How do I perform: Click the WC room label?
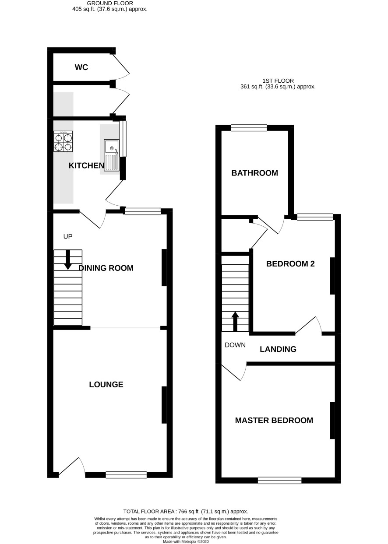point(81,67)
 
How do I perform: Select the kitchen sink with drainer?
point(112,154)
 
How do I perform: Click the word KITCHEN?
point(86,165)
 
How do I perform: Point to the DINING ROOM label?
point(106,268)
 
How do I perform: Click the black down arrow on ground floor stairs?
point(68,260)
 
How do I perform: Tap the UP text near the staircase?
point(68,236)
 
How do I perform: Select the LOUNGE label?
point(106,384)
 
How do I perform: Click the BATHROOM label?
point(254,173)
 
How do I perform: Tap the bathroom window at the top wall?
point(249,127)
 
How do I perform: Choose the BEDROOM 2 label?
point(290,264)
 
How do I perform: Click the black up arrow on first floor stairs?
point(235,321)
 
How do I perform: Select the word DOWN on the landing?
point(235,345)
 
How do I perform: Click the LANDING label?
point(278,349)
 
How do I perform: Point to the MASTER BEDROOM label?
point(274,421)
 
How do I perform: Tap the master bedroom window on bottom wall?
point(280,480)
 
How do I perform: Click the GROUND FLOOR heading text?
point(110,4)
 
